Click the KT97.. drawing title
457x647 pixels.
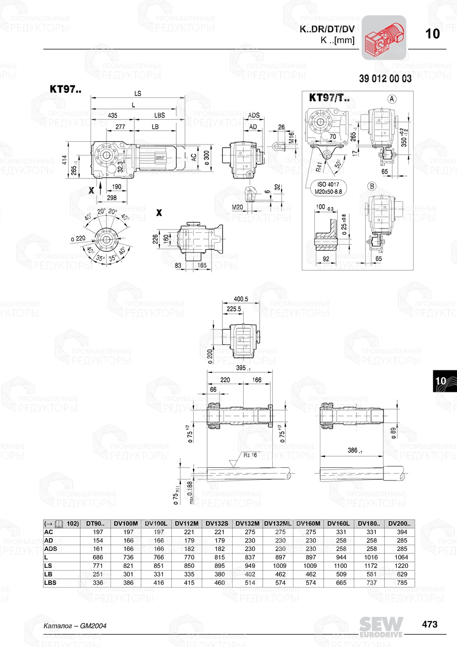[65, 89]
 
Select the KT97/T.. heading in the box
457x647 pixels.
[329, 97]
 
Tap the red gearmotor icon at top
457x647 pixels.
[384, 37]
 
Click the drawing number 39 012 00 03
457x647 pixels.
[385, 79]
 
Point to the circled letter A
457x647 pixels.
[392, 99]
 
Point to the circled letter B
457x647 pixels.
[372, 186]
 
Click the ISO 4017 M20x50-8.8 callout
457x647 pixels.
[328, 188]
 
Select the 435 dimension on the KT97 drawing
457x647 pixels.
[112, 115]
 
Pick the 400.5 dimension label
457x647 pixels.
[241, 299]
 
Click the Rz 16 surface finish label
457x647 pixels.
[250, 455]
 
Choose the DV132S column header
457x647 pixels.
[217, 524]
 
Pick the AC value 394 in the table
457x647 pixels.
[402, 532]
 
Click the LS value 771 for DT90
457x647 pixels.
[98, 566]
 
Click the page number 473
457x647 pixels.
[430, 624]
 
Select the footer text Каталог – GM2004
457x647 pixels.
[74, 626]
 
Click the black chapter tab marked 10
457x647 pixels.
[441, 381]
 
